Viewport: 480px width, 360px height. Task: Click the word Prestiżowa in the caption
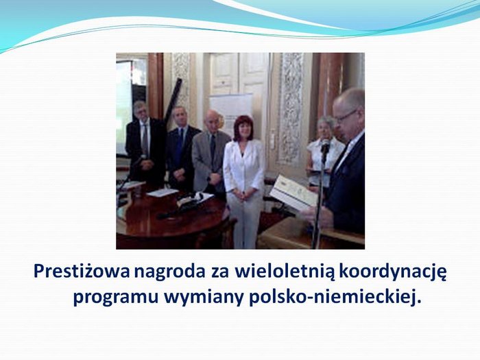82,272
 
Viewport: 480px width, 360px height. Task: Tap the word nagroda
169,272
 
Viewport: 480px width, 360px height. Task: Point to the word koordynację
392,272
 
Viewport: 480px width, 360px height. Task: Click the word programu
116,298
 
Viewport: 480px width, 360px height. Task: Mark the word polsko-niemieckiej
335,296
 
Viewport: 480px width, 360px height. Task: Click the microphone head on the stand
325,146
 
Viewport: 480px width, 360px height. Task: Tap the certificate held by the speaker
293,192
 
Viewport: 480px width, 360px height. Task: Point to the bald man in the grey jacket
211,153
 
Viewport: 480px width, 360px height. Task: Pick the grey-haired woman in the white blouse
324,150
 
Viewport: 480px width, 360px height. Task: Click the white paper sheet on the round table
163,193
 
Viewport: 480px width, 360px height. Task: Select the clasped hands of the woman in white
244,195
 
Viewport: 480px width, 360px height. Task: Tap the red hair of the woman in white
243,125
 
